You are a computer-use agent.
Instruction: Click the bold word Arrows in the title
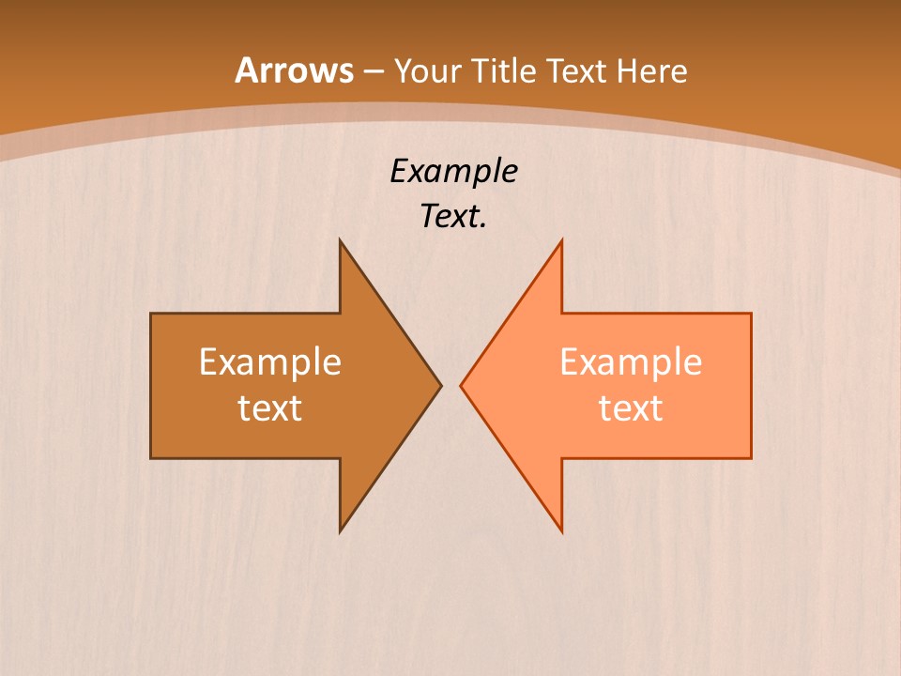coord(294,70)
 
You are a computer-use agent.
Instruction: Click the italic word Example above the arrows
coord(453,171)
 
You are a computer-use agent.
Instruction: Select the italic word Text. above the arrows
coord(453,217)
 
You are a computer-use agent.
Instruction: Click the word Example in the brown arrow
coord(270,361)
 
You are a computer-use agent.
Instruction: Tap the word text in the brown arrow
coord(270,407)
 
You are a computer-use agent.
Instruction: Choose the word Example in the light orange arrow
coord(631,361)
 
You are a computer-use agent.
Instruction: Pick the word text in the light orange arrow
coord(631,407)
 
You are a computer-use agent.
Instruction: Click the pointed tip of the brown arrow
coord(440,385)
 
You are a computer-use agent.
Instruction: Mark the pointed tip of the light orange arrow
coord(461,385)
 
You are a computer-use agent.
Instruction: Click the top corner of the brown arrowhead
coord(341,240)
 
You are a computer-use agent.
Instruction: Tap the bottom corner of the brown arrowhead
coord(341,531)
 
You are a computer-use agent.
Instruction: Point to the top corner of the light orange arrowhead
coord(561,240)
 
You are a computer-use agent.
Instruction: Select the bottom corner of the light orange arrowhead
coord(561,531)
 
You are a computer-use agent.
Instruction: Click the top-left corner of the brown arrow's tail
coord(152,314)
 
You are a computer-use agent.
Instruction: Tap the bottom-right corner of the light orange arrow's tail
coord(751,457)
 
